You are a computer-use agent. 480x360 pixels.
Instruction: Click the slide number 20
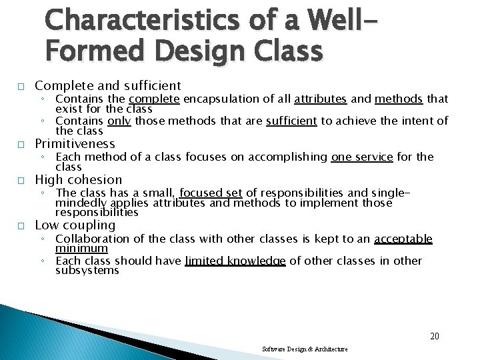pyautogui.click(x=434, y=336)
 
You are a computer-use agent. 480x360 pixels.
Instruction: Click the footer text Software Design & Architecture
pyautogui.click(x=305, y=349)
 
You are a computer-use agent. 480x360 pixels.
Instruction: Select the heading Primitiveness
pyautogui.click(x=75, y=144)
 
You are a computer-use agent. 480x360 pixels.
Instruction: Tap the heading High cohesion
pyautogui.click(x=78, y=180)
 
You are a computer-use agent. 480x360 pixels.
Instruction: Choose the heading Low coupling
pyautogui.click(x=75, y=225)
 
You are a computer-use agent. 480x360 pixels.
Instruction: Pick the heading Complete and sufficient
pyautogui.click(x=107, y=85)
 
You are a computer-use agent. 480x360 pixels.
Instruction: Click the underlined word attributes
pyautogui.click(x=320, y=99)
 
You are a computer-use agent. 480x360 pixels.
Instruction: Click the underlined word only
pyautogui.click(x=119, y=121)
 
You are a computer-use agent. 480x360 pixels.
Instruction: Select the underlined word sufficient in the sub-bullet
pyautogui.click(x=291, y=121)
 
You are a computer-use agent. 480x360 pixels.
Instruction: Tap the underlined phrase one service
pyautogui.click(x=362, y=157)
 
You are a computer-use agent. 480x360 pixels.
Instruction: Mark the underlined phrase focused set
pyautogui.click(x=211, y=193)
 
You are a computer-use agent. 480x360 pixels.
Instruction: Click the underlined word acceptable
pyautogui.click(x=403, y=239)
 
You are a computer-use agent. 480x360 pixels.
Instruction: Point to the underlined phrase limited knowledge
pyautogui.click(x=235, y=261)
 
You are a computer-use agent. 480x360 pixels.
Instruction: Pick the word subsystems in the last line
pyautogui.click(x=87, y=271)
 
